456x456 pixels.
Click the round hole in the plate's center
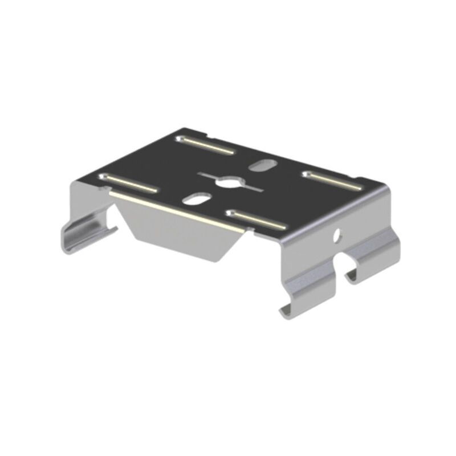(x=230, y=182)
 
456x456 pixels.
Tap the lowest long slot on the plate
(x=256, y=221)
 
